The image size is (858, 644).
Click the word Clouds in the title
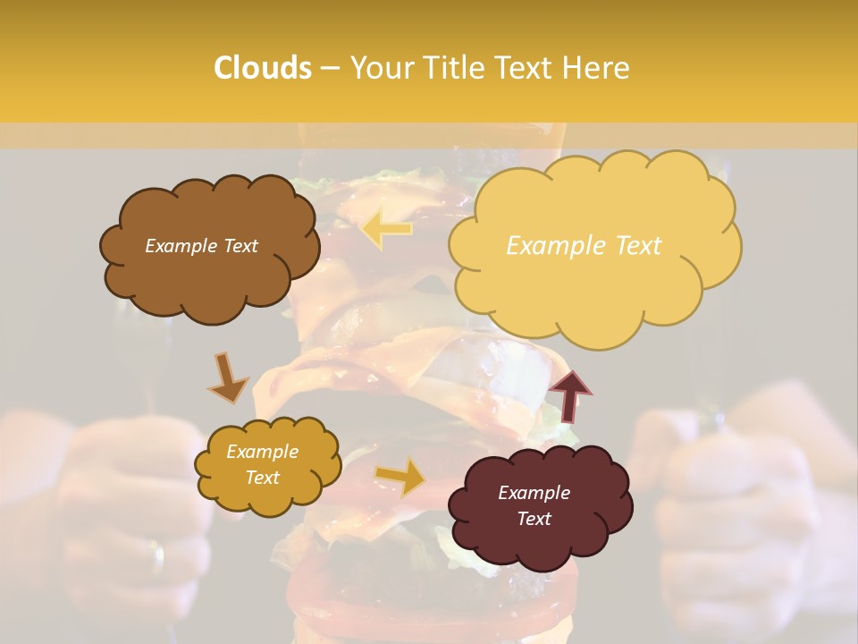click(x=263, y=68)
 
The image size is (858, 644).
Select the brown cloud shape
click(x=209, y=268)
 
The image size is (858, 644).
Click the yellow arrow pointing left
click(x=386, y=229)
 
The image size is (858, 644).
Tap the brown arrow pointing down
click(x=227, y=377)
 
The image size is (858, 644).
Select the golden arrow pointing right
click(x=400, y=477)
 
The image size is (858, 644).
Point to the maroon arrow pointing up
click(x=569, y=395)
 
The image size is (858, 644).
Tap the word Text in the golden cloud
click(x=262, y=478)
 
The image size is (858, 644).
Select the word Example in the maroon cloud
click(x=534, y=493)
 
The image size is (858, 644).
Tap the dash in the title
click(x=330, y=68)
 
